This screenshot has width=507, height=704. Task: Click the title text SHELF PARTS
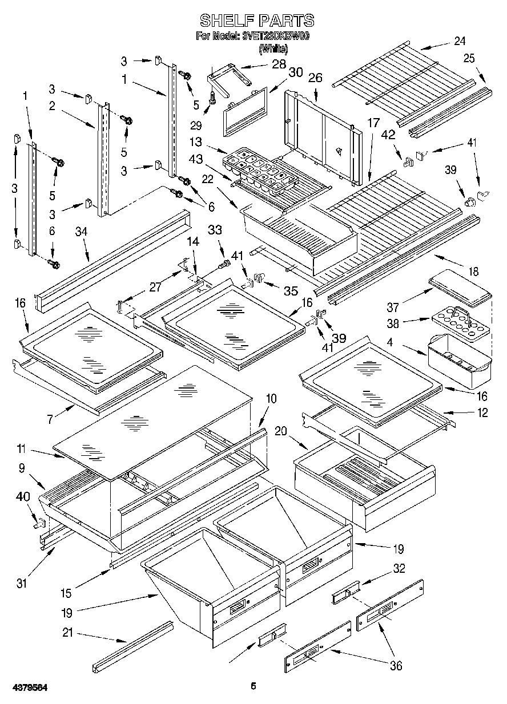(256, 21)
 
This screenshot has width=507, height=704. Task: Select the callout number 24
(460, 41)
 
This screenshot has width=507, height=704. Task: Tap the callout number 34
(82, 231)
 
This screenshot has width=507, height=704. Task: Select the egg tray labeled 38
(460, 321)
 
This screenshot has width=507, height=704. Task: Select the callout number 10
(271, 398)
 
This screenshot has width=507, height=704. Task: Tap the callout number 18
(473, 272)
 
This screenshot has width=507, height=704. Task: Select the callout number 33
(215, 229)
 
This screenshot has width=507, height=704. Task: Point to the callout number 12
(482, 412)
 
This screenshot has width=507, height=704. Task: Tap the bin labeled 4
(460, 359)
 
